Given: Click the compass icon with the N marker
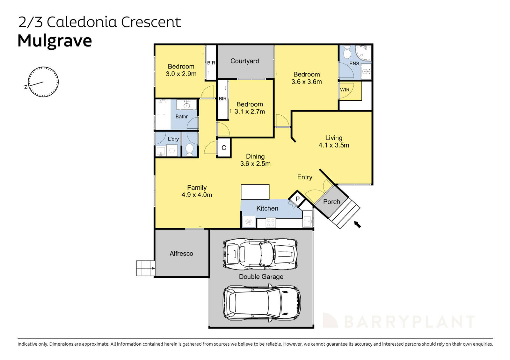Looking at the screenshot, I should pyautogui.click(x=43, y=82).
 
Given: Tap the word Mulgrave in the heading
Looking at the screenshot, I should pyautogui.click(x=55, y=41).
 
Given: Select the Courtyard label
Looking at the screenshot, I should pyautogui.click(x=244, y=61).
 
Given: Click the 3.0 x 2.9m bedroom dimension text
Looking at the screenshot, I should pyautogui.click(x=181, y=74).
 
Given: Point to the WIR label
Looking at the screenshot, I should pyautogui.click(x=345, y=90).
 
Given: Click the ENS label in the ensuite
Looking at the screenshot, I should pyautogui.click(x=354, y=64).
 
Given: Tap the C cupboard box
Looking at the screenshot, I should pyautogui.click(x=224, y=148).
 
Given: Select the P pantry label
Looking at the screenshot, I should pyautogui.click(x=297, y=199).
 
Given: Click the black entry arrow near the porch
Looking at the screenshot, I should pyautogui.click(x=358, y=225).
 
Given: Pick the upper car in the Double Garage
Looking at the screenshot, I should pyautogui.click(x=260, y=254).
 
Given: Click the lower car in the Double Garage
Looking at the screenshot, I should pyautogui.click(x=261, y=302).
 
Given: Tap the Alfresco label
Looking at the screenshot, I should pyautogui.click(x=181, y=254).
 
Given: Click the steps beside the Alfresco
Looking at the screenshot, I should pyautogui.click(x=145, y=268).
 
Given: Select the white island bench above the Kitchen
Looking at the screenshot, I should pyautogui.click(x=255, y=192).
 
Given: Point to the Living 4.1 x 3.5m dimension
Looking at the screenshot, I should pyautogui.click(x=334, y=145).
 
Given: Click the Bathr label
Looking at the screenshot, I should pyautogui.click(x=181, y=117).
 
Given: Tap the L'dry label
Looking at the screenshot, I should pyautogui.click(x=173, y=139).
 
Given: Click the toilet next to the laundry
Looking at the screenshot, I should pyautogui.click(x=189, y=149).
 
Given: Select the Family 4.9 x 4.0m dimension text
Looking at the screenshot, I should pyautogui.click(x=197, y=195).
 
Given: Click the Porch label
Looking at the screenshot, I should pyautogui.click(x=331, y=202).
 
